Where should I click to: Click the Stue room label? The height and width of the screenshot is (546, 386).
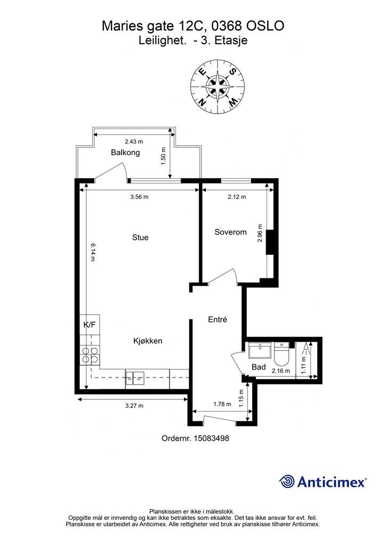click(140, 237)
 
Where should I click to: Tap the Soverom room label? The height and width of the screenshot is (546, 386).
click(230, 232)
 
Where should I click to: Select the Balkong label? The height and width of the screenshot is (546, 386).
click(125, 152)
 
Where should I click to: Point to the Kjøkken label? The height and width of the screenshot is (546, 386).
click(148, 341)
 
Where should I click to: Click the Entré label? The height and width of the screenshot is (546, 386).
click(218, 319)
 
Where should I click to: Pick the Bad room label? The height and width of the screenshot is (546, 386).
click(259, 367)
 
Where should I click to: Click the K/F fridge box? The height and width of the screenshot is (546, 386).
click(90, 325)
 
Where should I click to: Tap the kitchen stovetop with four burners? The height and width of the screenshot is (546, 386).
click(90, 355)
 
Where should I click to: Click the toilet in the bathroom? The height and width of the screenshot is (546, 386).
click(281, 353)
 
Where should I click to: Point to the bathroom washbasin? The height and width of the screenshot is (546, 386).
click(260, 351)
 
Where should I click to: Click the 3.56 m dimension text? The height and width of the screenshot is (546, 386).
click(139, 197)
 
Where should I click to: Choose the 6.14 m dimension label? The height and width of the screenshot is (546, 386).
click(93, 252)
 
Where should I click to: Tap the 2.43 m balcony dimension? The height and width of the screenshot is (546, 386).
click(134, 142)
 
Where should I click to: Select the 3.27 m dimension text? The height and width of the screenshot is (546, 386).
click(134, 406)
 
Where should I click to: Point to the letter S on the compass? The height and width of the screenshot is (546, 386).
click(232, 71)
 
